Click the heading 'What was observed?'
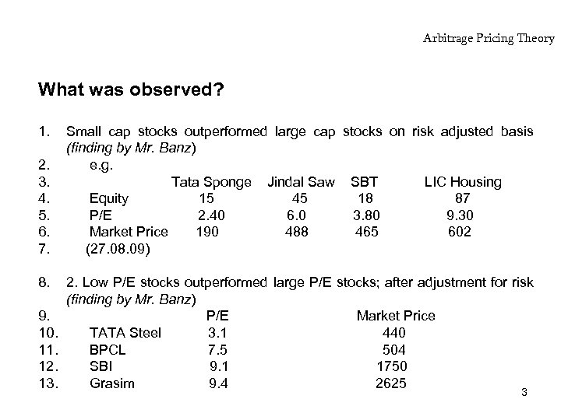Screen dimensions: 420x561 tap(131, 90)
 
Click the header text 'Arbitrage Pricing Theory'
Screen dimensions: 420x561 tap(489, 37)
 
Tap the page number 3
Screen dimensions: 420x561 tap(524, 392)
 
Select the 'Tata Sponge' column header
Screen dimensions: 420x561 tap(211, 182)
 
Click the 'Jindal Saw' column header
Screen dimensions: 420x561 tap(301, 182)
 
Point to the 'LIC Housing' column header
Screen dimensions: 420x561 tap(463, 182)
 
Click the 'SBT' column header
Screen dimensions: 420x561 tap(365, 182)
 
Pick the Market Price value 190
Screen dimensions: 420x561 tap(207, 232)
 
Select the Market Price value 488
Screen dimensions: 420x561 tap(297, 232)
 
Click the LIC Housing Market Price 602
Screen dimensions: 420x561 tap(460, 232)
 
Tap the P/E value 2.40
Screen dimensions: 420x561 tap(211, 215)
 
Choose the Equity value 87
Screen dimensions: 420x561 tap(462, 198)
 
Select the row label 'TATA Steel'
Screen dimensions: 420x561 tap(125, 333)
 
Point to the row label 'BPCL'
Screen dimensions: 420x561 tap(108, 349)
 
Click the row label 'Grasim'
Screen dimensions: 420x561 tap(112, 383)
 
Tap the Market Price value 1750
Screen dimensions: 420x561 tap(391, 366)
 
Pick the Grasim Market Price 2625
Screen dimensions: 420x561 tap(391, 383)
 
